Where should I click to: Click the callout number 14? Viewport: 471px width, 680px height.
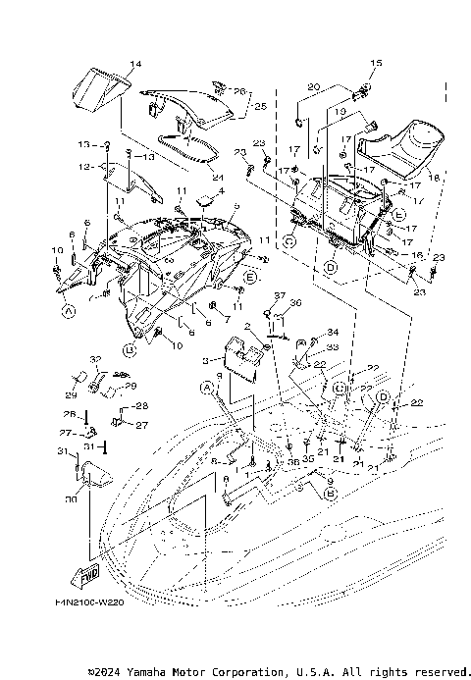click(135, 64)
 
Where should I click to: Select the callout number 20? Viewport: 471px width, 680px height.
click(313, 87)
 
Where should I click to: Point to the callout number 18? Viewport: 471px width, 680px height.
click(433, 181)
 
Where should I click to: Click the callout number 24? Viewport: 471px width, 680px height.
click(218, 177)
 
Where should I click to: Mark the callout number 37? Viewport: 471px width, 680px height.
click(279, 295)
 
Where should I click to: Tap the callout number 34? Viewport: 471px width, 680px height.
click(332, 332)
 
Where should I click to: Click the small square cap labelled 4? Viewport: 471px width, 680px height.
click(206, 201)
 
